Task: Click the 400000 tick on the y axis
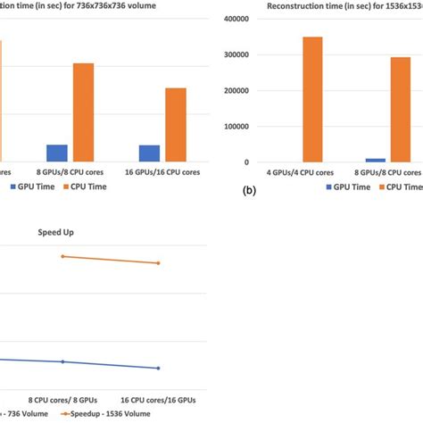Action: pos(236,19)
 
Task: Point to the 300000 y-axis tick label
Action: pos(236,54)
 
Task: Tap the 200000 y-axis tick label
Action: pos(236,90)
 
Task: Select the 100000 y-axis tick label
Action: pos(236,126)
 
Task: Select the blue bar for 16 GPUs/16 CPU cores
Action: pos(150,153)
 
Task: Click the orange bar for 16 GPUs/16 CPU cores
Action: pos(176,125)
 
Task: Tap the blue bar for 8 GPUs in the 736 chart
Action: pos(57,153)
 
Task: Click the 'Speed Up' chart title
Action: pos(55,232)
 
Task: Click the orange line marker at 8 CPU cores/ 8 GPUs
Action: pos(62,256)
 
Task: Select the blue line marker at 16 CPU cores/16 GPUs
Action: pos(158,368)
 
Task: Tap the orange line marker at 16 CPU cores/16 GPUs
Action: pos(158,263)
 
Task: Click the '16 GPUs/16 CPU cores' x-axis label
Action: pos(162,172)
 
